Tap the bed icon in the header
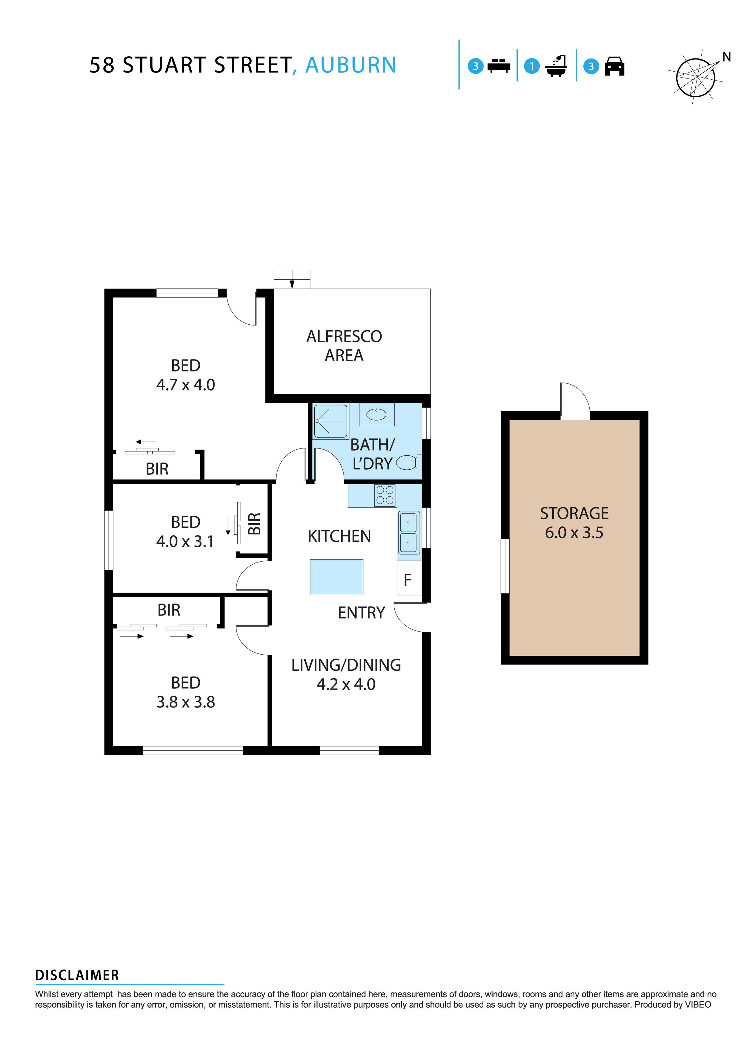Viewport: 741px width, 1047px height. click(498, 66)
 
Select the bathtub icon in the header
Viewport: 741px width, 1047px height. click(556, 67)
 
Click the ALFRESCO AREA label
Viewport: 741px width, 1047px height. click(344, 346)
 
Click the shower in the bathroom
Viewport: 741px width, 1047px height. click(330, 421)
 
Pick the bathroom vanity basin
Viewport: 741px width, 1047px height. click(376, 414)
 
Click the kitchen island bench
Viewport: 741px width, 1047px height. click(336, 577)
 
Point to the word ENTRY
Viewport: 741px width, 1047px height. click(361, 613)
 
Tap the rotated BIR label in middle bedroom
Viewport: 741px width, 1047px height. click(254, 523)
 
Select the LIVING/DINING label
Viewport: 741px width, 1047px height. click(346, 665)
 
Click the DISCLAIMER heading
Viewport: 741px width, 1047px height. click(77, 975)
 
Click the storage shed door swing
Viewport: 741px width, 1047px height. click(575, 400)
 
